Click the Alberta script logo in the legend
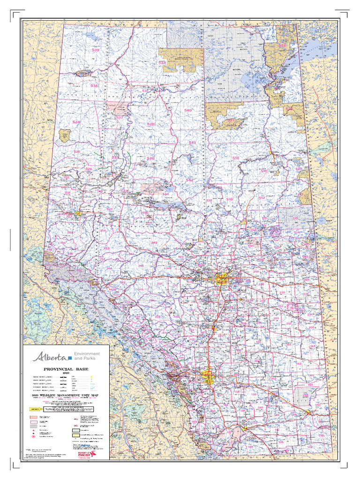point(49,356)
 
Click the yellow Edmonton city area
point(221,280)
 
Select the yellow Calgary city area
point(208,376)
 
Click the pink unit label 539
point(96,50)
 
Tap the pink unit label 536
point(94,86)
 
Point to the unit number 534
point(162,62)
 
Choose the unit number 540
point(188,110)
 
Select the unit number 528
point(150,124)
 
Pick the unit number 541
point(192,142)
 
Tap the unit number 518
point(235,158)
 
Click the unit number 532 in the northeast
point(283,45)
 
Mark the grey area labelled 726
point(295,218)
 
